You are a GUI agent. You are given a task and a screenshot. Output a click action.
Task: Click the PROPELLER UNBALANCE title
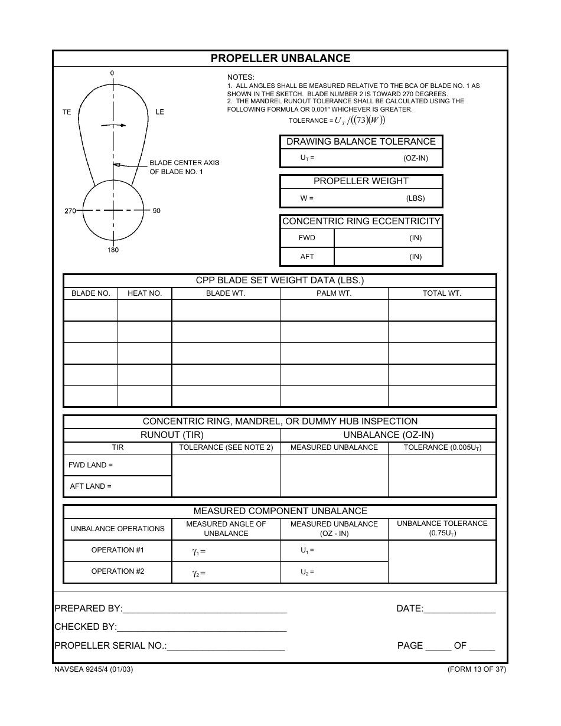tap(280, 58)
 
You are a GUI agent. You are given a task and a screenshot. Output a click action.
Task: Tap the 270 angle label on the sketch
tap(70, 211)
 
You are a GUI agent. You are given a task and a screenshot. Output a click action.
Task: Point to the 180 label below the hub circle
tap(113, 250)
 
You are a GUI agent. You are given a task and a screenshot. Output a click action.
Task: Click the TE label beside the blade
tap(67, 112)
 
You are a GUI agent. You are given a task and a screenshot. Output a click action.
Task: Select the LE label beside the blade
tap(159, 112)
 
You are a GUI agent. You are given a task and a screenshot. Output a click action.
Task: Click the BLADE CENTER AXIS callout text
tap(184, 167)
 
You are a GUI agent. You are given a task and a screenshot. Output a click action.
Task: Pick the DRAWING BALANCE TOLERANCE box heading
tap(361, 142)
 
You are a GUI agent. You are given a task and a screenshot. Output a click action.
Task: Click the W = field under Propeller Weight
tap(307, 198)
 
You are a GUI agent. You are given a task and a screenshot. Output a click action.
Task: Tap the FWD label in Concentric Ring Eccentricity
tap(307, 238)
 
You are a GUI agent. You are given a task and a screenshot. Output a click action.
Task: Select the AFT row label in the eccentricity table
tap(307, 257)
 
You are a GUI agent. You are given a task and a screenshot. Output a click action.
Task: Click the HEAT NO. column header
tap(145, 293)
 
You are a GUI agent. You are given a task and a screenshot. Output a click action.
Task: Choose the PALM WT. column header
tap(334, 293)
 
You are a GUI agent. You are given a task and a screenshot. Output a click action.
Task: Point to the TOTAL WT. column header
tap(442, 293)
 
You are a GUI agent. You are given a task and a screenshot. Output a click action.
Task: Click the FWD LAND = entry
tap(91, 465)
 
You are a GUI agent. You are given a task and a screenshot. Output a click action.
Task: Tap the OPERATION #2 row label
tap(118, 571)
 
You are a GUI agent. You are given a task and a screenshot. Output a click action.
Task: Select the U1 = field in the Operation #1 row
tap(308, 550)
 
